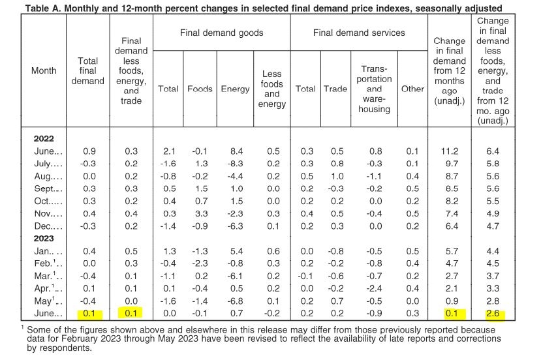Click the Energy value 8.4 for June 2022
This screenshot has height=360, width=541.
click(x=236, y=151)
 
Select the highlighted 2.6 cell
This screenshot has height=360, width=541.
click(x=492, y=313)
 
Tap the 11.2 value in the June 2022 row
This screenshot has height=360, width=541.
click(x=449, y=151)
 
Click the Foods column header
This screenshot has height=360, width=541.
click(x=200, y=89)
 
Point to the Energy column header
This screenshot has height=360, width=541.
click(x=235, y=89)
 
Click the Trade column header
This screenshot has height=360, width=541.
click(x=335, y=89)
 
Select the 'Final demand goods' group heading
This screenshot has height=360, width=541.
click(x=221, y=33)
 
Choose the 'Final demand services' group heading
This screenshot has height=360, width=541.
click(x=359, y=33)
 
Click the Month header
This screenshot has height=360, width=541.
click(x=44, y=70)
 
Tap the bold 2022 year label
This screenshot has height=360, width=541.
click(x=44, y=139)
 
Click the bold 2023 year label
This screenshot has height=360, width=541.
click(x=44, y=239)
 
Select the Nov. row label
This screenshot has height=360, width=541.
click(x=48, y=213)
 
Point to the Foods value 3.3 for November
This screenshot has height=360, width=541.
click(x=201, y=213)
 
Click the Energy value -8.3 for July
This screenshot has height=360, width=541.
click(x=235, y=164)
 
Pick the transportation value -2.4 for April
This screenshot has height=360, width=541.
click(x=374, y=288)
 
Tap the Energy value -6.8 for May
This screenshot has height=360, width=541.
click(x=235, y=301)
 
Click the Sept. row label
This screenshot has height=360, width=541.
click(x=48, y=188)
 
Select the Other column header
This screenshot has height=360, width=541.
click(x=412, y=89)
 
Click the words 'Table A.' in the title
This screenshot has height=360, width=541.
click(x=43, y=8)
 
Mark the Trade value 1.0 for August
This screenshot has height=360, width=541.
click(x=337, y=176)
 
